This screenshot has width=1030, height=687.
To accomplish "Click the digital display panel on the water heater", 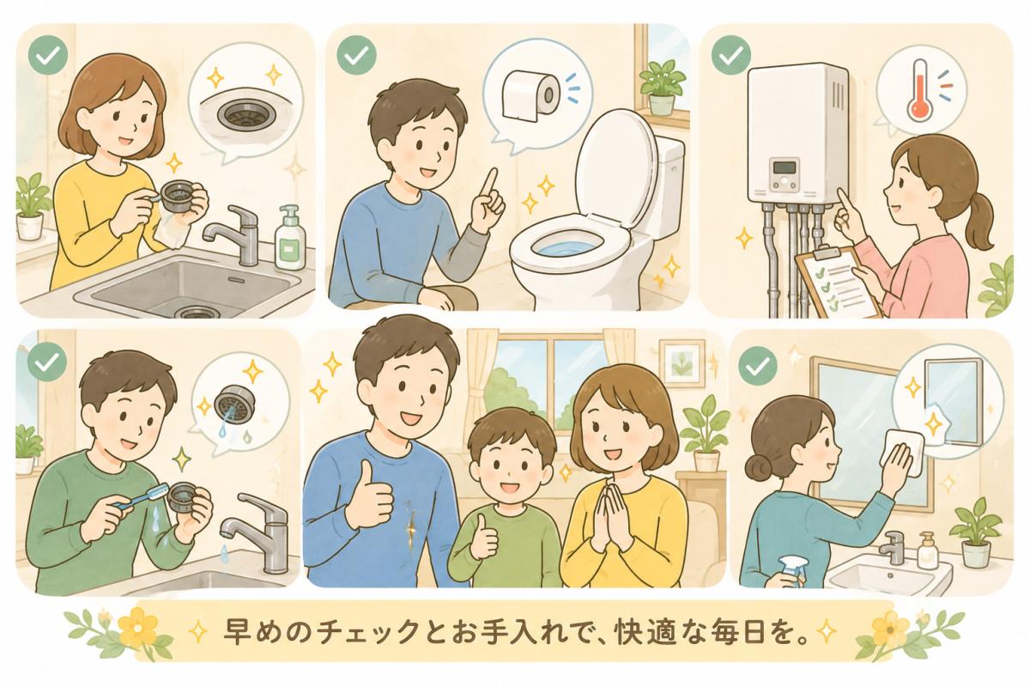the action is click(x=785, y=167).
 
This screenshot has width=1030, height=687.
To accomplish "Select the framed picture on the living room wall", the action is click(x=682, y=363).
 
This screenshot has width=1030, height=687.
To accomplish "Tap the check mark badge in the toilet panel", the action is click(x=356, y=56).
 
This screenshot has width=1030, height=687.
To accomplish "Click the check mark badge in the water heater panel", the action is click(x=731, y=56).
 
